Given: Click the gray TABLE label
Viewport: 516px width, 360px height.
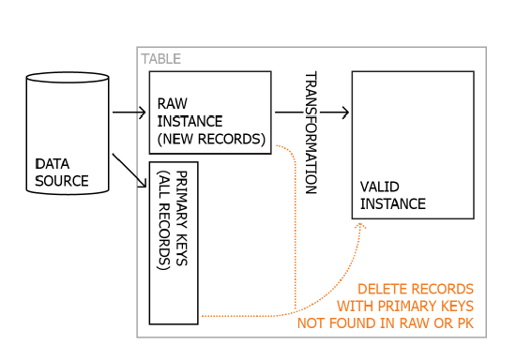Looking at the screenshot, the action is (161, 59).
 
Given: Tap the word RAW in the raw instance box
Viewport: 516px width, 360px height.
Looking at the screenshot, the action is (173, 103).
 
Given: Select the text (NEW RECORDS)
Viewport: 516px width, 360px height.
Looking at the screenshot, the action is (211, 139).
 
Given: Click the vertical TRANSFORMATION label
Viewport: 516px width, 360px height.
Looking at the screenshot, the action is (311, 132).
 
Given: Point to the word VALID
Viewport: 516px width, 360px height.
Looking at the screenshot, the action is (380, 187).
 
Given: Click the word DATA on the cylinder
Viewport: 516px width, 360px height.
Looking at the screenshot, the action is (53, 164).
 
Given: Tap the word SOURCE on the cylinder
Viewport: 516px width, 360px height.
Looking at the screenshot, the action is (62, 181).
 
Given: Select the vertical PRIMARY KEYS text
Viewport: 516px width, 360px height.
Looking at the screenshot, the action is (182, 218).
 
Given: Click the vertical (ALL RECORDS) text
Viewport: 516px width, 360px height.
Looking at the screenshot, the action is (164, 220).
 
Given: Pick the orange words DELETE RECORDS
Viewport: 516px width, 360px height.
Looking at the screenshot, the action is (416, 289).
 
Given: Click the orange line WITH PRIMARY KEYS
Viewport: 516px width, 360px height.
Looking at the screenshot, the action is (405, 306).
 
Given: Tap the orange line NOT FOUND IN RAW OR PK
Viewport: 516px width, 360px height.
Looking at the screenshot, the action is (386, 323).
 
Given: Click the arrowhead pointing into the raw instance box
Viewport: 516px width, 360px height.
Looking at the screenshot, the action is (143, 112).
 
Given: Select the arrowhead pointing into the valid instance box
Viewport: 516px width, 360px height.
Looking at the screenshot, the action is (345, 112).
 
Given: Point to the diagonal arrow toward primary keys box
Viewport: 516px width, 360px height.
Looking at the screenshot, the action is (129, 171).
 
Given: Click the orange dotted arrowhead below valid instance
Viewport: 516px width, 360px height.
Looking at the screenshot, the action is (360, 226).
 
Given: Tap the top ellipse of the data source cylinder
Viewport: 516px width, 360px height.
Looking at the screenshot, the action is (68, 78).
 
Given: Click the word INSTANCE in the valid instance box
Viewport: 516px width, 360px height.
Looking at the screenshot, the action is (393, 203).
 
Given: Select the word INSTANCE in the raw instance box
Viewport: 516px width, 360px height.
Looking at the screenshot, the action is (190, 121).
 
